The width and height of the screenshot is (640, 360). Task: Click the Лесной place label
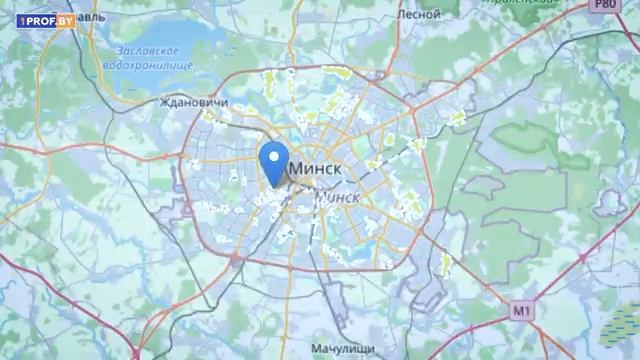point(418,15)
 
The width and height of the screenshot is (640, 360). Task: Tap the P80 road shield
point(602,7)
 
